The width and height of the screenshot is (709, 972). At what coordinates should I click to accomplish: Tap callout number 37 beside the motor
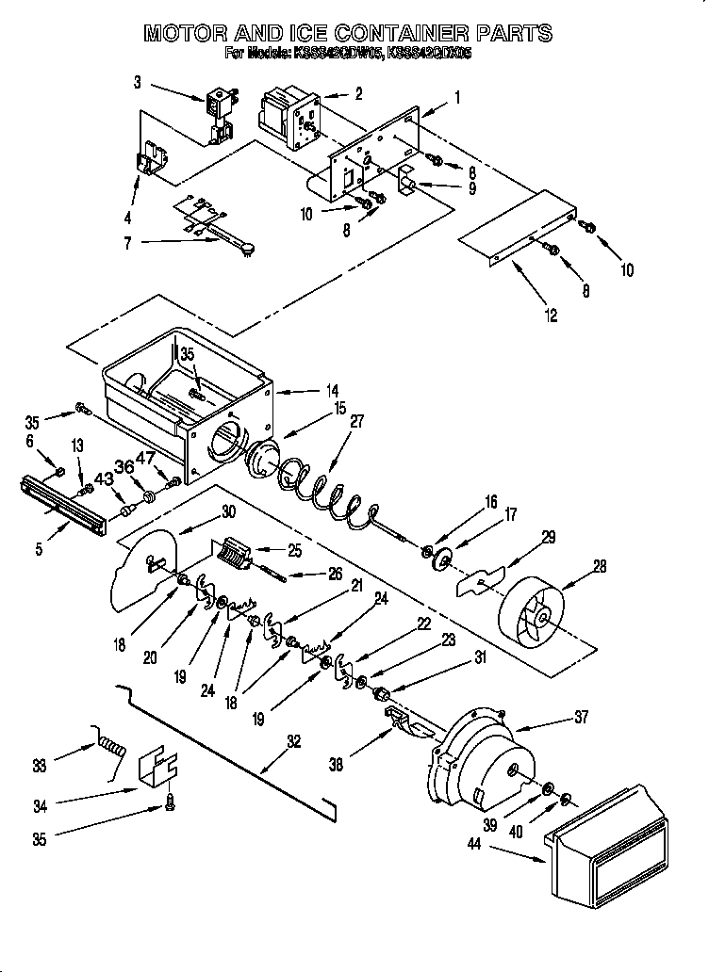click(580, 718)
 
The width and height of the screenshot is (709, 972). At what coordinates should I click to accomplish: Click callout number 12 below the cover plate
click(552, 316)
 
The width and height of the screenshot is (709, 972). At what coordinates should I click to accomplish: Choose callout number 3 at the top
click(138, 83)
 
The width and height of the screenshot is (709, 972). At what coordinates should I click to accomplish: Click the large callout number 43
click(104, 478)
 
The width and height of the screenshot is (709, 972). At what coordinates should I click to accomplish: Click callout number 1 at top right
click(457, 96)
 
